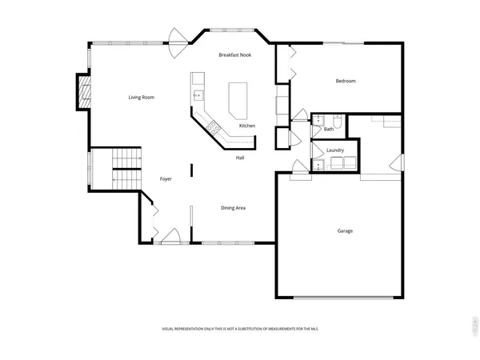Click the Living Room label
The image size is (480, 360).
142,98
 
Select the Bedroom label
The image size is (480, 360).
346,81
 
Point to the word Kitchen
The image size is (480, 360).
247,126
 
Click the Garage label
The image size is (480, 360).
344,231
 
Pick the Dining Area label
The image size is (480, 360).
233,208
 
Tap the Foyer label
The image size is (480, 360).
166,179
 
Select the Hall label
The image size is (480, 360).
240,158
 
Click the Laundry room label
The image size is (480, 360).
335,150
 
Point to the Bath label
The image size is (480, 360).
329,129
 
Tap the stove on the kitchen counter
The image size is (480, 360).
214,126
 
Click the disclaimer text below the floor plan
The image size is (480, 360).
239,330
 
